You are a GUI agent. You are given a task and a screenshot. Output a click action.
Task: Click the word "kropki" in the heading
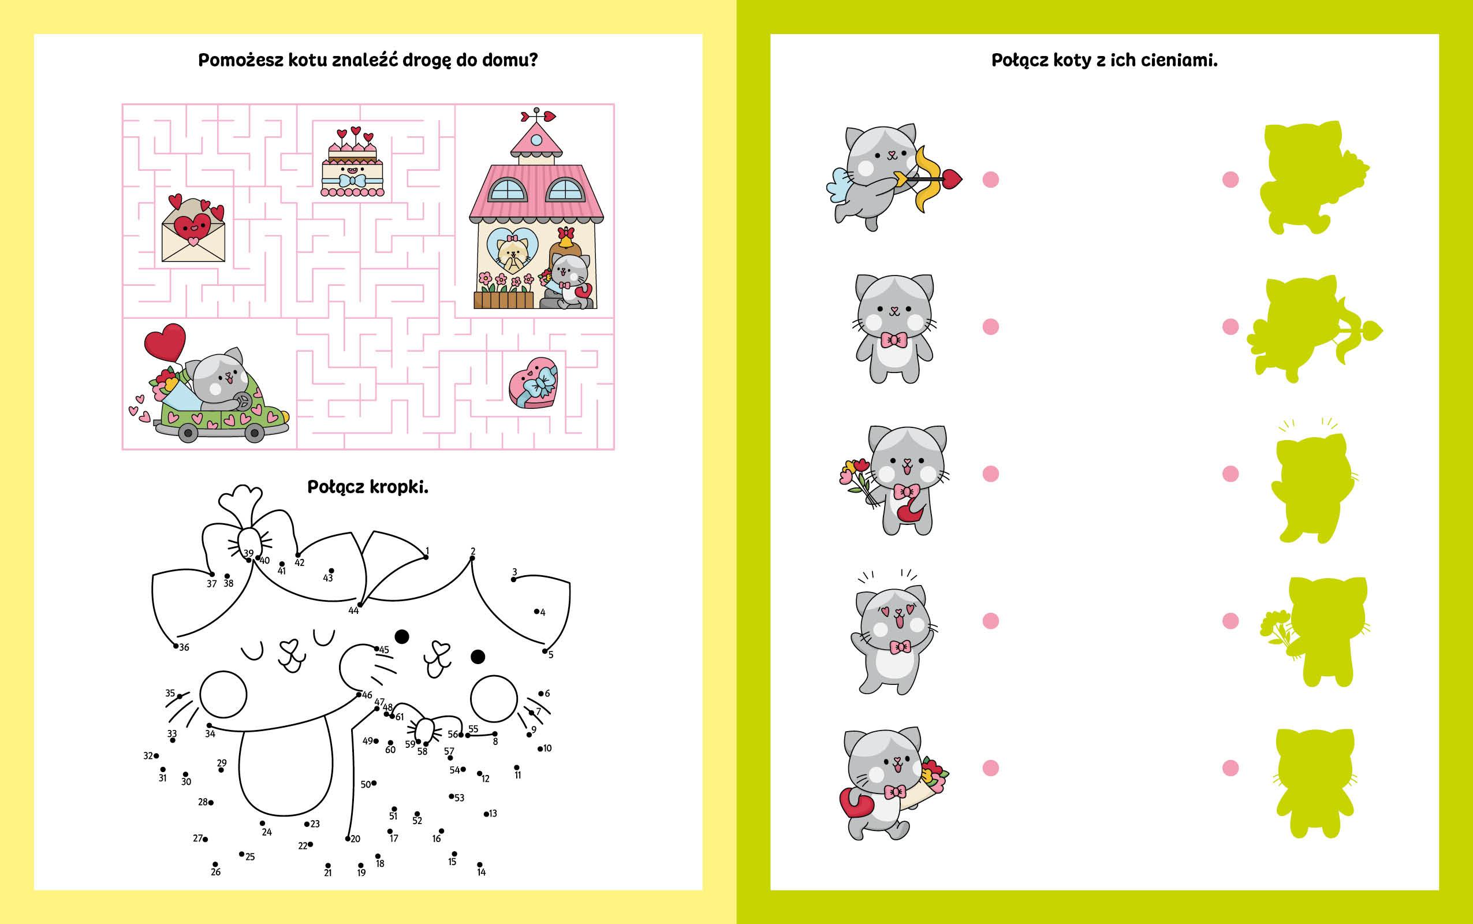pos(397,487)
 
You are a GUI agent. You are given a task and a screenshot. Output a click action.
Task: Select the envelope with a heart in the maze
pos(193,229)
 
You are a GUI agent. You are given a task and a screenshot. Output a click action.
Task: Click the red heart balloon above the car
pos(165,342)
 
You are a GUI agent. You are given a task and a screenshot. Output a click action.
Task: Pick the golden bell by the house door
pos(566,240)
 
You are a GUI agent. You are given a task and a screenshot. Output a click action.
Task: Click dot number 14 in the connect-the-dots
pos(480,863)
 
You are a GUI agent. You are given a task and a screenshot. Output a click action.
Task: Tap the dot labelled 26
pos(215,863)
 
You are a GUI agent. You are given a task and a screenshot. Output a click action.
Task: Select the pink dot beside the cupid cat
pos(990,180)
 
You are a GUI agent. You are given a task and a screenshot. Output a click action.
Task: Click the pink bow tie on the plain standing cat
pos(894,339)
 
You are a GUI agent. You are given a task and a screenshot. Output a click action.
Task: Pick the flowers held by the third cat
pos(855,480)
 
